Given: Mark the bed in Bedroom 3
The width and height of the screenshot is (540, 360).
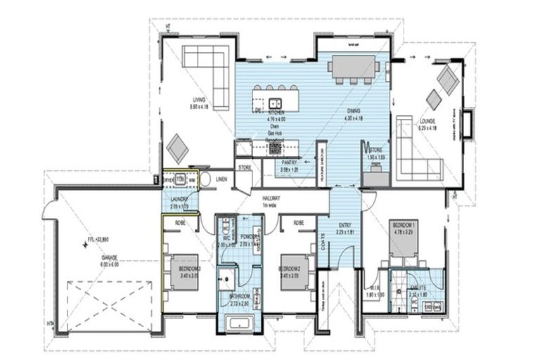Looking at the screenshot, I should click(x=186, y=269).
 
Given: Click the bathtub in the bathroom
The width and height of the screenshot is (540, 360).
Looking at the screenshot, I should click(x=240, y=324).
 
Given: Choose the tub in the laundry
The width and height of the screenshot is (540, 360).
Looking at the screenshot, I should click(x=180, y=179).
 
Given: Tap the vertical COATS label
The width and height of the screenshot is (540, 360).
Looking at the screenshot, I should click(x=323, y=243).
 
